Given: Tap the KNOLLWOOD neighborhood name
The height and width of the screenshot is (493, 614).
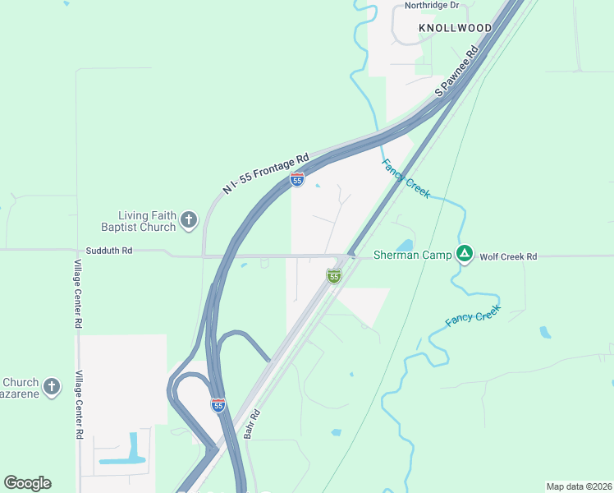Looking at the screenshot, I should click(x=456, y=28).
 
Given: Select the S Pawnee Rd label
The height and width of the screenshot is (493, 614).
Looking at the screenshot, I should click(x=456, y=72).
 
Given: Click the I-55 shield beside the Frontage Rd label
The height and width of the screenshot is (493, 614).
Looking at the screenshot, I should click(x=297, y=179).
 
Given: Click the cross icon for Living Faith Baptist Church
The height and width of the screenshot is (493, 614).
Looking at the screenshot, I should click(x=189, y=219).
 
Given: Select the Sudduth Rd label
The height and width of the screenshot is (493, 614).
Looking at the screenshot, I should click(x=108, y=251).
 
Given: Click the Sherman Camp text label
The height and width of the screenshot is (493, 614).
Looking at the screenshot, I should click(x=412, y=255).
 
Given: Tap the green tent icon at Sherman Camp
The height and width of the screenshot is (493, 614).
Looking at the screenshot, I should click(x=465, y=255).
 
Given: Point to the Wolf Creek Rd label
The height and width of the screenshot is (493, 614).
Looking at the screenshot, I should click(x=508, y=256).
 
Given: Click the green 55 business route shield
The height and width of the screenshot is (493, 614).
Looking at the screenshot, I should click(x=333, y=276).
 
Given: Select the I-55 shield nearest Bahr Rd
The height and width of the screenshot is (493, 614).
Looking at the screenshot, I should click(x=218, y=405).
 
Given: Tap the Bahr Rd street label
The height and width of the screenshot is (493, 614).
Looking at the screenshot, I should click(x=251, y=424).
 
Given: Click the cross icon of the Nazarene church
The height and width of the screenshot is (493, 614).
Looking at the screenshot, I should click(x=51, y=386).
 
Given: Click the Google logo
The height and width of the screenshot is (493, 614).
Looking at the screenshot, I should click(x=27, y=483).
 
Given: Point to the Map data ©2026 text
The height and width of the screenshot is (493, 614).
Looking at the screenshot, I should click(x=579, y=486).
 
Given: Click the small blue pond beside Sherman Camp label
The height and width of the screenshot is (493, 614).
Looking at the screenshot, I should click(x=405, y=245).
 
